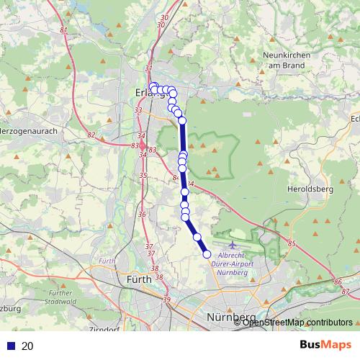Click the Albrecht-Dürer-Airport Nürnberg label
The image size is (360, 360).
[235, 263]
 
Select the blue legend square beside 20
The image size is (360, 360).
[11, 346]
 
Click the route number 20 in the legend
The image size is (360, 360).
[28, 346]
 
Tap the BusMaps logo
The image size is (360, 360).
[323, 346]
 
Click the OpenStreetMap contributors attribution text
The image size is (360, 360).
[297, 322]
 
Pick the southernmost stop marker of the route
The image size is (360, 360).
[207, 253]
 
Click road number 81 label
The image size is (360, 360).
[64, 30]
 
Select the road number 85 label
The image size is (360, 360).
[291, 245]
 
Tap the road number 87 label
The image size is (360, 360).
[345, 291]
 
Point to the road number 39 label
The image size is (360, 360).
[167, 300]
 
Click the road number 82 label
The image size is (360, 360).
[90, 135]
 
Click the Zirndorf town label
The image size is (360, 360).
[104, 329]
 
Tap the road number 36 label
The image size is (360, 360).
[142, 214]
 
